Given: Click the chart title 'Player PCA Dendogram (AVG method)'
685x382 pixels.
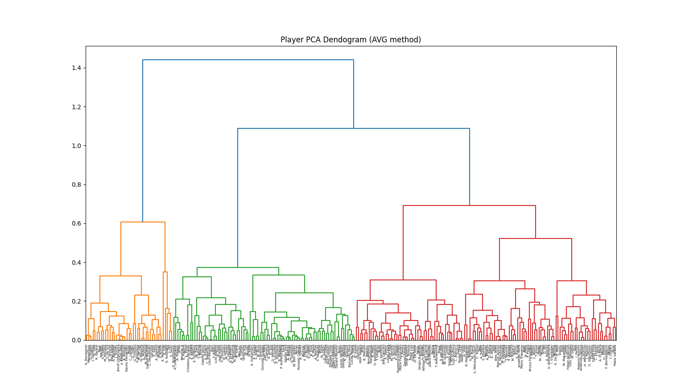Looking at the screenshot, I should click(x=351, y=40).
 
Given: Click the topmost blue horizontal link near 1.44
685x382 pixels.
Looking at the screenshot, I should click(x=248, y=60).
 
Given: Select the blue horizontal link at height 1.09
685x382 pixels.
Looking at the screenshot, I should click(x=354, y=128).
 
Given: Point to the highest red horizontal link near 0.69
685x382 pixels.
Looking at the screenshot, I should click(x=469, y=205).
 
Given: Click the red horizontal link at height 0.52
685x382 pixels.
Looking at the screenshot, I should click(x=535, y=238).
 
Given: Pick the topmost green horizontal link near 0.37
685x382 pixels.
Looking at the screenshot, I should click(x=238, y=267).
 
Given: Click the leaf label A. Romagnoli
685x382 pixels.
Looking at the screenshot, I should click(x=87, y=355).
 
